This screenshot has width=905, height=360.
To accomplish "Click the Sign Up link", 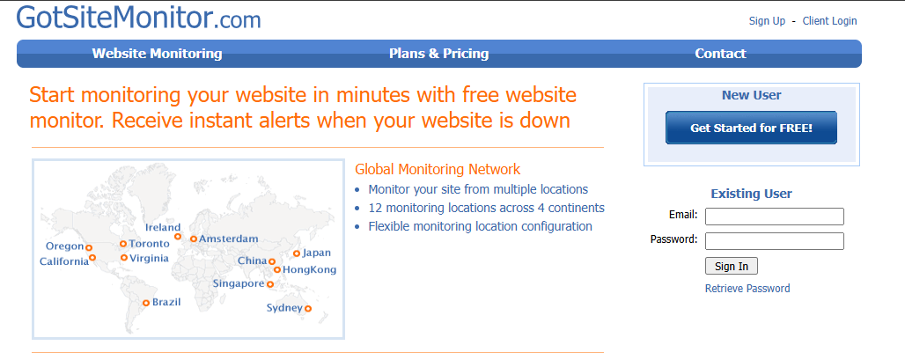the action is pos(767,21).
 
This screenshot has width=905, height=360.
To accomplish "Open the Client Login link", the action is pos(829,21).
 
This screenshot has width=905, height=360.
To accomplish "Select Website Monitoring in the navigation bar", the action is pos(157,54).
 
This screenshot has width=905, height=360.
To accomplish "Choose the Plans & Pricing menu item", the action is pos(438,54).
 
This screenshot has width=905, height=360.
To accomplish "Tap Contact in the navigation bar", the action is pos(720,54).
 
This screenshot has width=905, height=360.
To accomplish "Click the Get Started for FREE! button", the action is pos(751,128).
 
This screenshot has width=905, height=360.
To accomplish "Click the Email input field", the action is pos(775,217).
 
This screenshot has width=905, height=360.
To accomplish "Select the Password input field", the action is pos(775,241).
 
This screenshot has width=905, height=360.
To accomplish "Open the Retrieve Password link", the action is pos(747,289).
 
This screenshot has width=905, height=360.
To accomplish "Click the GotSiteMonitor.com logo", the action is pos(138,18).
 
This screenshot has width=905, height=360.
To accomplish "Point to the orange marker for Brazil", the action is pos(146,303).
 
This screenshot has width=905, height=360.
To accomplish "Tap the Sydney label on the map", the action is pos(284,308).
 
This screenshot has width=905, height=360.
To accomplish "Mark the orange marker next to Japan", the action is pos(296,253).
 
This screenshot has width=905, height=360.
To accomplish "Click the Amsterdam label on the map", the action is pos(229,239).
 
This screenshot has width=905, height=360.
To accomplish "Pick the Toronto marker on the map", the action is pos(123,244).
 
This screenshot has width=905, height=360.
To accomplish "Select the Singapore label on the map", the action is pos(239,283).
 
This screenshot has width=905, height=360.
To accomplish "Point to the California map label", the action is pos(64,262).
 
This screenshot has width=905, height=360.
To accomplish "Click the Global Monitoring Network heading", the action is pos(438,169).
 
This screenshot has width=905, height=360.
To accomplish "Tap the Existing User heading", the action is pos(751,194).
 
